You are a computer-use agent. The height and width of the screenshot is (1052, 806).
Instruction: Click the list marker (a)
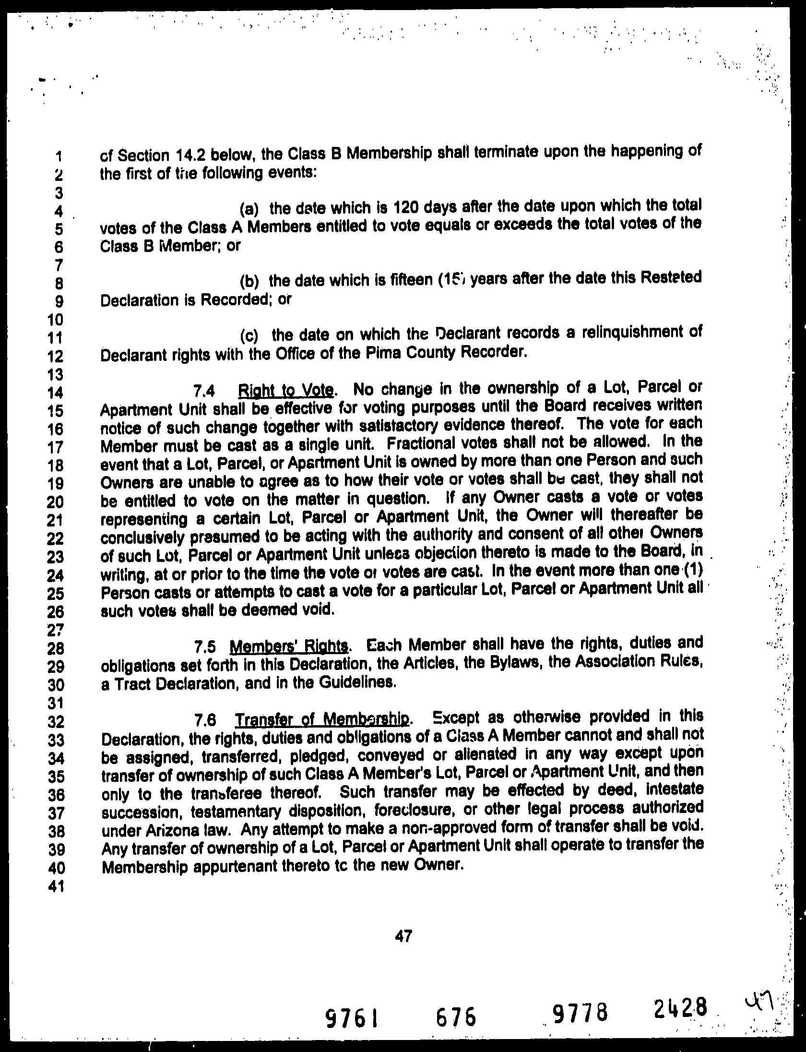[x=249, y=210]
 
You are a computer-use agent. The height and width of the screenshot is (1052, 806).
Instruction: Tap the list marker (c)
[x=251, y=335]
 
